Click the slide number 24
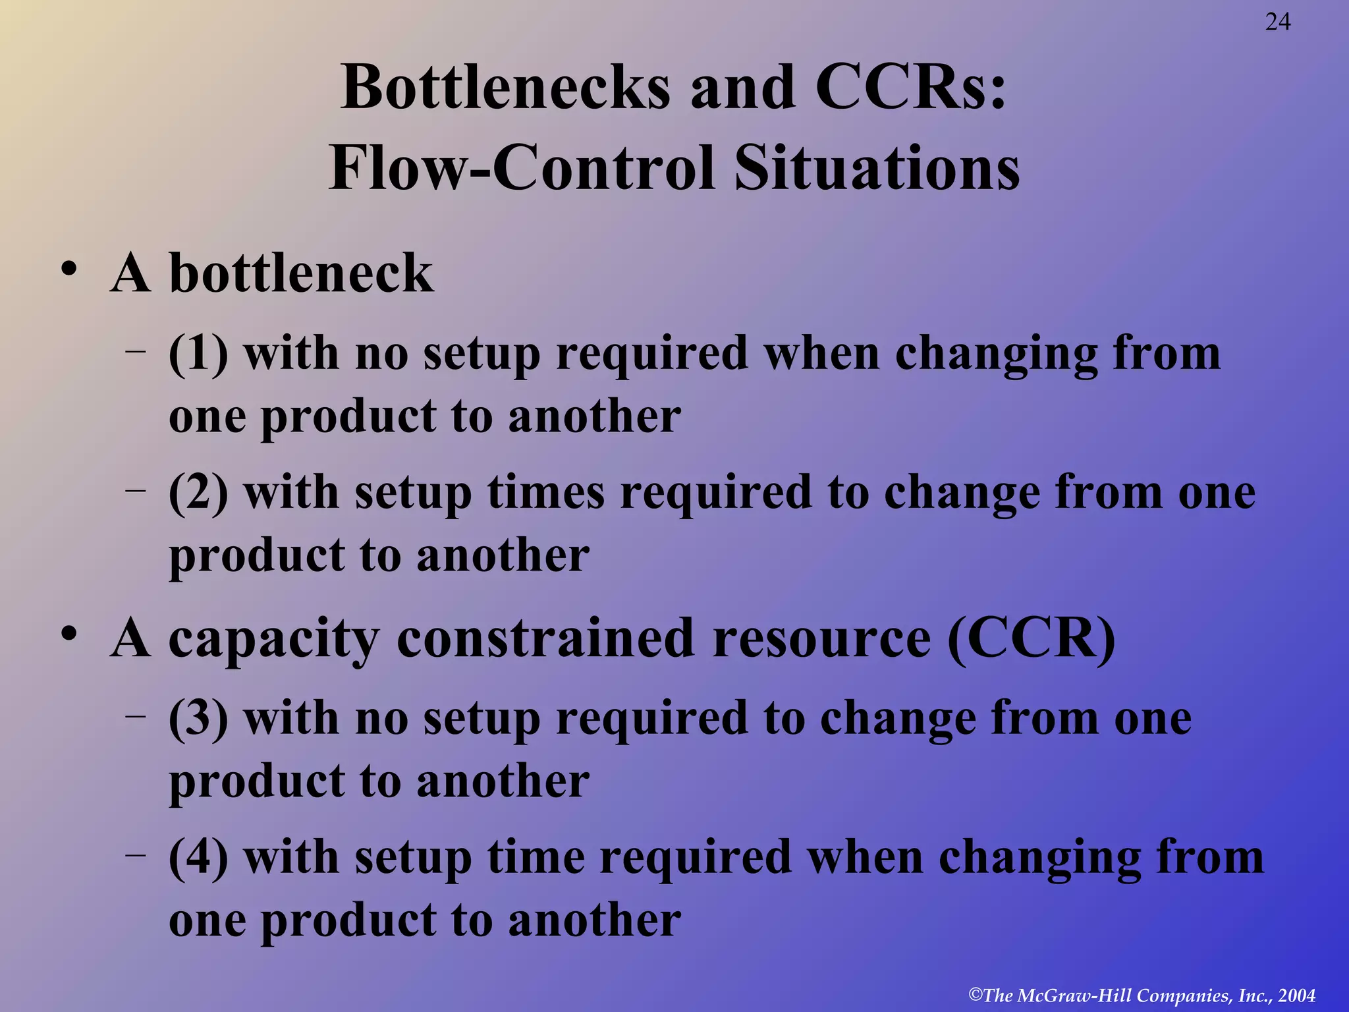click(1278, 22)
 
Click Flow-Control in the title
click(521, 168)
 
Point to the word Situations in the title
click(877, 168)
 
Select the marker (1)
click(198, 354)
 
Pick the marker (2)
click(198, 493)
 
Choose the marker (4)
click(198, 858)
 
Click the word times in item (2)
click(545, 493)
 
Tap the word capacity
click(273, 640)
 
